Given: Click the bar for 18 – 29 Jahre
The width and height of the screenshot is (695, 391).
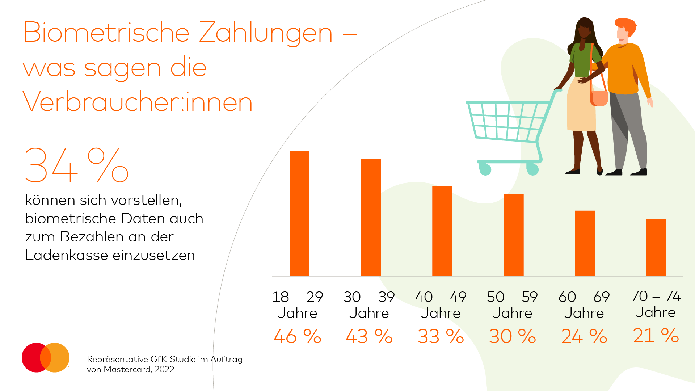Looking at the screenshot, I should [299, 214].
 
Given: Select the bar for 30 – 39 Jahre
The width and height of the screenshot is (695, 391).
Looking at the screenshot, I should [371, 217].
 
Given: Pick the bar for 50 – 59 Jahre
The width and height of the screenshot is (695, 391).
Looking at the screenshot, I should [513, 235].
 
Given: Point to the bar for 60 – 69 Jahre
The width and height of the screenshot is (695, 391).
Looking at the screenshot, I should [585, 243].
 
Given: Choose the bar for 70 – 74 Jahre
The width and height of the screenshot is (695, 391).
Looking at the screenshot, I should [656, 248].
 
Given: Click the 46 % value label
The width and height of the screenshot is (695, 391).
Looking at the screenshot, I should [298, 336].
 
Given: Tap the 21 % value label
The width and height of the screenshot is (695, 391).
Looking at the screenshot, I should [656, 336].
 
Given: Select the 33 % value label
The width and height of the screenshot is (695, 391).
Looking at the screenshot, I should [441, 336].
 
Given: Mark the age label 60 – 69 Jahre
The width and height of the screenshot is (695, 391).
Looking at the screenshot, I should [584, 305].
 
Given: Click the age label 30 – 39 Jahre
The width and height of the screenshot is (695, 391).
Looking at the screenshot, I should [369, 305].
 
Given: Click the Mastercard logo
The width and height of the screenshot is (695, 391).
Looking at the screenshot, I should [46, 357].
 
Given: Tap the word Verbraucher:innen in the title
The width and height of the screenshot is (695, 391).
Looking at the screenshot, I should [138, 102].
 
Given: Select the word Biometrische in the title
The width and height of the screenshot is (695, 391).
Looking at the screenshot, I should [106, 33].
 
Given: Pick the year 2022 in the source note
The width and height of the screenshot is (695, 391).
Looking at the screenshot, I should [165, 369].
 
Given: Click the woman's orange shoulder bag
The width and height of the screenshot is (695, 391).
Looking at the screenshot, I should [599, 98].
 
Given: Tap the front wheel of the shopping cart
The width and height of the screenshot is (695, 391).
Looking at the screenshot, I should [485, 169].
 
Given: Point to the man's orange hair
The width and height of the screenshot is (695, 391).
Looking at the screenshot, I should [626, 25].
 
